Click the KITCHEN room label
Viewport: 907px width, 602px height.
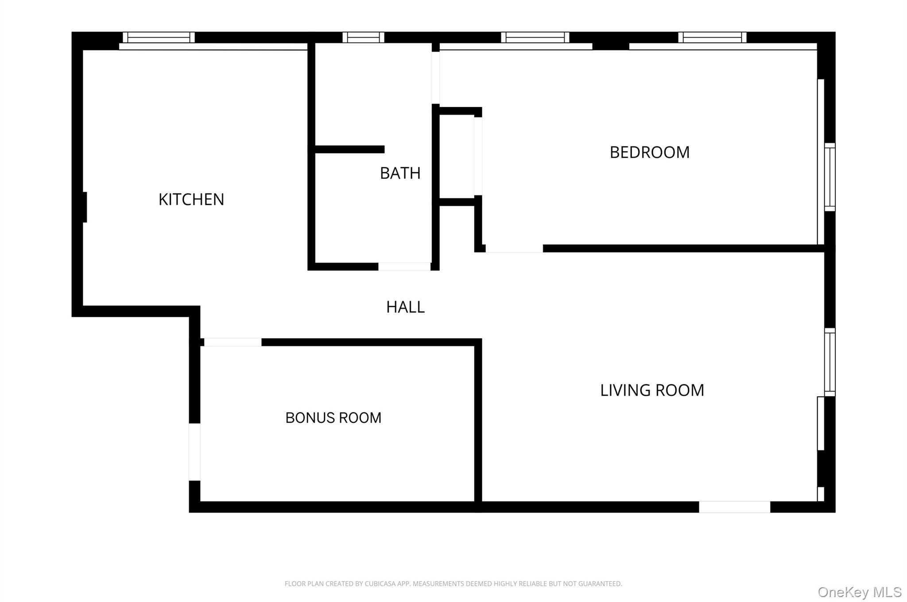point(191,200)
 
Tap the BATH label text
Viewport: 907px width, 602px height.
point(400,173)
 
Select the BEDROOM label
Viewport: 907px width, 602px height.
point(649,152)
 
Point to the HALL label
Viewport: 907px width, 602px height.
point(405,307)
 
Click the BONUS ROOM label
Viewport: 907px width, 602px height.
point(333,418)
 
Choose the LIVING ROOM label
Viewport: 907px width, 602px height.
point(652,390)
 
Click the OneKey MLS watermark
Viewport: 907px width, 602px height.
point(859,592)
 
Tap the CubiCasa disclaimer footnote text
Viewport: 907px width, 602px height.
point(453,584)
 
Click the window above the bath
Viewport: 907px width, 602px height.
point(363,38)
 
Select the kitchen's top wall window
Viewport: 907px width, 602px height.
point(159,38)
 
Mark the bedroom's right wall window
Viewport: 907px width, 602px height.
point(829,177)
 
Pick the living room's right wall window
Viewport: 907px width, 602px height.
point(829,362)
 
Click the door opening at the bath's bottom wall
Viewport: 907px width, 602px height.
point(404,266)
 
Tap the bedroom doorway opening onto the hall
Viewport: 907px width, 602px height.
point(514,249)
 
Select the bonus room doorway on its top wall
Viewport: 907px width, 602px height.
point(233,342)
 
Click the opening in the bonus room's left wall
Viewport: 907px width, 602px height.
point(194,452)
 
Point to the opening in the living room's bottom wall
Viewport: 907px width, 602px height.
point(734,507)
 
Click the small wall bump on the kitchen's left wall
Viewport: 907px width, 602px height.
point(85,207)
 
